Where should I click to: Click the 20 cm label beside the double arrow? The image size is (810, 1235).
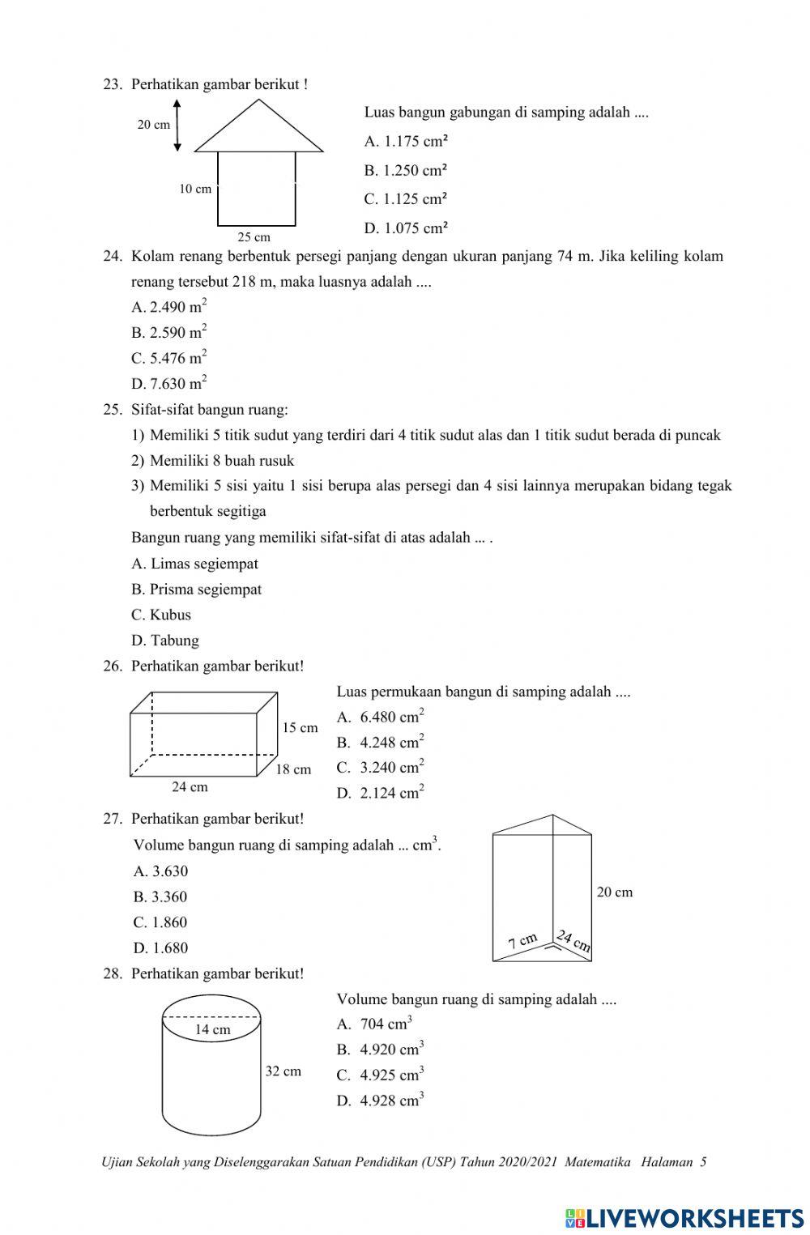tap(153, 125)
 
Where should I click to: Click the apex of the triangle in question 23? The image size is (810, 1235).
tap(258, 100)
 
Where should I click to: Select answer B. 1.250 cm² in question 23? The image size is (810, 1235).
tap(406, 170)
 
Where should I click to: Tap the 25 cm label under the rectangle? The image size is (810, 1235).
tap(254, 237)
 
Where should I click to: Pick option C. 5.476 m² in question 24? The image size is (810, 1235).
tap(168, 357)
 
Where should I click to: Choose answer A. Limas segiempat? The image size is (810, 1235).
tap(194, 564)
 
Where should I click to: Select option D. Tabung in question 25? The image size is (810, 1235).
tap(165, 641)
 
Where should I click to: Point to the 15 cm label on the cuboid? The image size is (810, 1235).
tap(300, 728)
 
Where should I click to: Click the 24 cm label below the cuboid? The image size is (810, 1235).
tap(190, 787)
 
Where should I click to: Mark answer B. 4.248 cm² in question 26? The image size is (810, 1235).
tap(381, 742)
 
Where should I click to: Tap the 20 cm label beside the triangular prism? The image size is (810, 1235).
tap(615, 892)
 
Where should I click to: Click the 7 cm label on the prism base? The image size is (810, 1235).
tap(522, 941)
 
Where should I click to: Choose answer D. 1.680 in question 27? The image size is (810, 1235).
tap(160, 948)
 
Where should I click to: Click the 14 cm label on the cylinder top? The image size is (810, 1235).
tap(212, 1030)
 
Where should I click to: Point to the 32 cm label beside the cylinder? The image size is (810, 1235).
tap(283, 1071)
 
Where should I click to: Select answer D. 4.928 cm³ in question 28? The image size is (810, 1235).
tap(381, 1101)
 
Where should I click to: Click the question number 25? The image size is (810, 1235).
tap(111, 410)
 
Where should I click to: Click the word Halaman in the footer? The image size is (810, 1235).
tap(666, 1162)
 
